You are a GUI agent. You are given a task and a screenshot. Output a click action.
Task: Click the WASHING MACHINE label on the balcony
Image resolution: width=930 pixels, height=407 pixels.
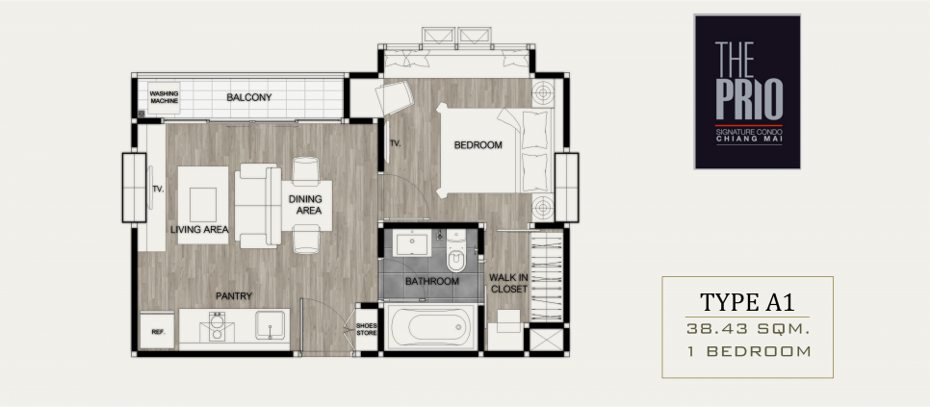(x=164, y=97)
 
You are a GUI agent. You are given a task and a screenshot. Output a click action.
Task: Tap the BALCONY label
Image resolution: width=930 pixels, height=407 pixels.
(x=249, y=97)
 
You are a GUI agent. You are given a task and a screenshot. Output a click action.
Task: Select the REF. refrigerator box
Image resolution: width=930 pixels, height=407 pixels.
(x=157, y=331)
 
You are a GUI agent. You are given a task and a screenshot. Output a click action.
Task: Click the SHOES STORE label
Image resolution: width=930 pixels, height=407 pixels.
(x=367, y=329)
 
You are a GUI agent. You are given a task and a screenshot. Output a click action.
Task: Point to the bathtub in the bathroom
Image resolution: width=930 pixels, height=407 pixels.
(x=431, y=327)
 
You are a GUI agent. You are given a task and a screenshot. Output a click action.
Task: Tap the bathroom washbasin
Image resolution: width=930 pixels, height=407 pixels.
(x=413, y=243)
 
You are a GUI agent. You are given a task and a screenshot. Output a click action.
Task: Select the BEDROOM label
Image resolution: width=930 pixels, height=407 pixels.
(x=478, y=145)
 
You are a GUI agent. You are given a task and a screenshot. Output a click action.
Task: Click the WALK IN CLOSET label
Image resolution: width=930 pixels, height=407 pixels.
(x=508, y=283)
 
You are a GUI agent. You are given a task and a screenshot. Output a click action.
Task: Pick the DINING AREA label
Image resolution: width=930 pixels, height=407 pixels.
(x=305, y=205)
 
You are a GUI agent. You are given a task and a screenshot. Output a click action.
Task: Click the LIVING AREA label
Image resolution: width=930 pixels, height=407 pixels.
(x=199, y=230)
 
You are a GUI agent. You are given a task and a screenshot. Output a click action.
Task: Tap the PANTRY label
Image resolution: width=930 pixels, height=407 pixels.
(x=234, y=296)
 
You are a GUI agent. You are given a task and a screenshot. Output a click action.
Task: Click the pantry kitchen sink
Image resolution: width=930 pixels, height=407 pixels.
(x=270, y=325)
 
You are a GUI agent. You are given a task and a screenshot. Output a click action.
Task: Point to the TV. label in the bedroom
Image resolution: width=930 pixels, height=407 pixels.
(x=396, y=143)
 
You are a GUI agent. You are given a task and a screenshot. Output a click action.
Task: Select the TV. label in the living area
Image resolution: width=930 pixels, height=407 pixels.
(x=158, y=189)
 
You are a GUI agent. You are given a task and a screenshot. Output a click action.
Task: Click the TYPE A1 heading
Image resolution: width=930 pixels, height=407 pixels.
(x=747, y=302)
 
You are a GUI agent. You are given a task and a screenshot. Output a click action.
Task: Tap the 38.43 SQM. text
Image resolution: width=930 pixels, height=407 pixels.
(x=747, y=329)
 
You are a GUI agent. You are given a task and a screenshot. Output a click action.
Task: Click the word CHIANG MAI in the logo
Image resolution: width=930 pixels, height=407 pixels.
(x=749, y=139)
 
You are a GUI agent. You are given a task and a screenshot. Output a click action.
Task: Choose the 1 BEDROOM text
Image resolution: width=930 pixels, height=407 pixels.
(x=748, y=351)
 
